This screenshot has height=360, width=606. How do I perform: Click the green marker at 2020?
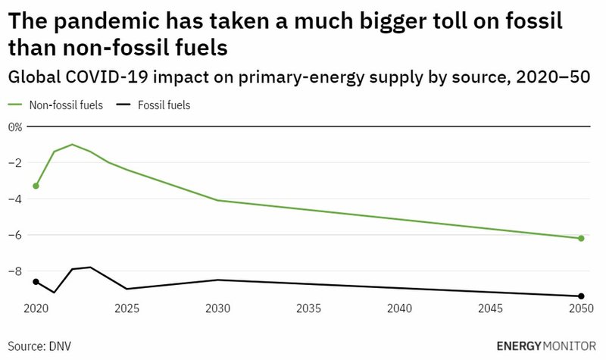(x=36, y=186)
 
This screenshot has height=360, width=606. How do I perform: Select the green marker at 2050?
(x=581, y=239)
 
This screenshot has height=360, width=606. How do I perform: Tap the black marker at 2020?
(x=36, y=282)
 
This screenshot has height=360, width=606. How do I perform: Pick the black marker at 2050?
(x=581, y=296)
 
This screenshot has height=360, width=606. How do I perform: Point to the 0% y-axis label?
(x=15, y=127)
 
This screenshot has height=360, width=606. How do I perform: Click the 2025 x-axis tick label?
(x=127, y=311)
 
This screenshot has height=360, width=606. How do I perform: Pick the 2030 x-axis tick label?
(x=217, y=311)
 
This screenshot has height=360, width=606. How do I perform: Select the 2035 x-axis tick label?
(x=308, y=311)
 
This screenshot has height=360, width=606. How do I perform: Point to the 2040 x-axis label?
(x=399, y=311)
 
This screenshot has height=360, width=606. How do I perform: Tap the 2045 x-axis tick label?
(x=490, y=311)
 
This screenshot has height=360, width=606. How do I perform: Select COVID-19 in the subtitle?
(x=107, y=77)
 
